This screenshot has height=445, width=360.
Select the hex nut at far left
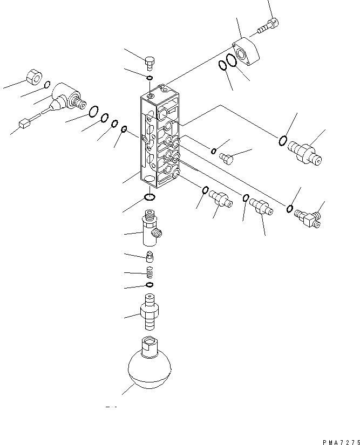35,78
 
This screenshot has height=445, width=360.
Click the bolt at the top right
269,25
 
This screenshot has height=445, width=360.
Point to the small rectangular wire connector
24,125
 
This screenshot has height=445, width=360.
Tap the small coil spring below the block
151,273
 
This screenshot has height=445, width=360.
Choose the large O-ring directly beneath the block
151,197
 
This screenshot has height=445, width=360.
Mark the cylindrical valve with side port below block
150,229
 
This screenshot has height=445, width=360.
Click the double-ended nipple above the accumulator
150,312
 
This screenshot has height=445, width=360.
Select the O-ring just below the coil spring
150,285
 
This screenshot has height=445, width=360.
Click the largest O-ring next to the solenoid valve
92,111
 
